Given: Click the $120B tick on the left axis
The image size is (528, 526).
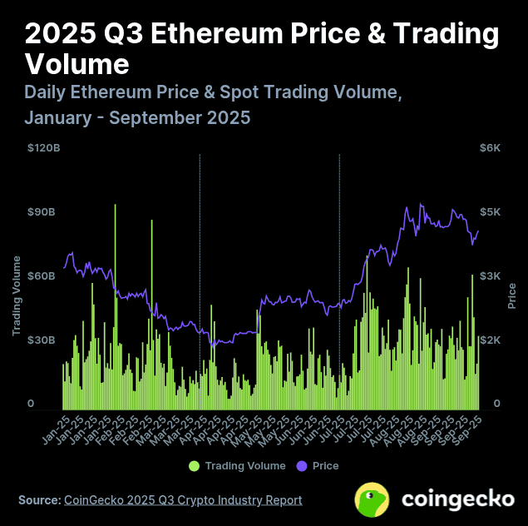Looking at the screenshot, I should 43,148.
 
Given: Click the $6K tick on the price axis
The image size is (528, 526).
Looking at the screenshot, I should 490,148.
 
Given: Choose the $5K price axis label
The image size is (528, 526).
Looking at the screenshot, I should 490,212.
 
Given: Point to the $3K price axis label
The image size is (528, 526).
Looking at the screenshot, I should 490,276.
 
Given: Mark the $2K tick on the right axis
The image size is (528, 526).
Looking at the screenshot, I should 490,340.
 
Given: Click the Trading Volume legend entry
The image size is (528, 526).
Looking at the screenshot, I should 244,466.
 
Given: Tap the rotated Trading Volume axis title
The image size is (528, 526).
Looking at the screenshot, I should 17,295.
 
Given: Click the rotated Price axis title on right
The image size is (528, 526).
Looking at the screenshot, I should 512,295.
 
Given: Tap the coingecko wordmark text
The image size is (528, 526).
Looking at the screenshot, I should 457,500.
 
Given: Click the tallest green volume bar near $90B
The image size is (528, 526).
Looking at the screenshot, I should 115,250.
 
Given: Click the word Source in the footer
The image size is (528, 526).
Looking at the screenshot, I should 38,500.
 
